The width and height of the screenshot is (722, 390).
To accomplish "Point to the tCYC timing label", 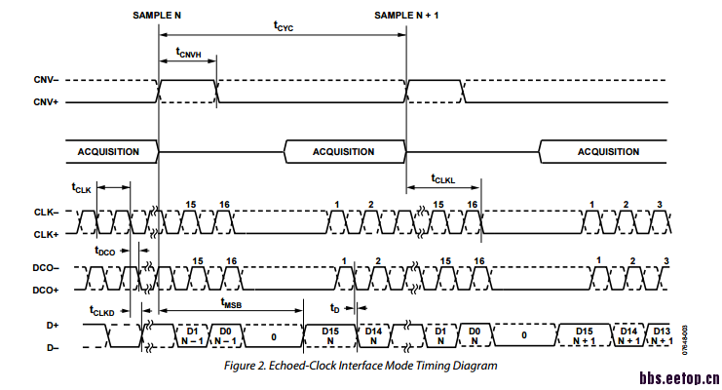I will coord(283,28).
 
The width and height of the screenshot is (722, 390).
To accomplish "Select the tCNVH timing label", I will coord(188,53).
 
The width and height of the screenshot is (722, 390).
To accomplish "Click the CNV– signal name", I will coord(46,80).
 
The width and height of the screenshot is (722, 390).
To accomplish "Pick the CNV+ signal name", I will coord(46,101).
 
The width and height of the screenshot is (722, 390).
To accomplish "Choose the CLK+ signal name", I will coord(46,234).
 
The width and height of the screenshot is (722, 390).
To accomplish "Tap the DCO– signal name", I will coord(46,267).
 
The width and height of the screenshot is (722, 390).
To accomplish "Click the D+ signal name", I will coord(53,325).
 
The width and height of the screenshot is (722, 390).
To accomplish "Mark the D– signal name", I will coord(53,347).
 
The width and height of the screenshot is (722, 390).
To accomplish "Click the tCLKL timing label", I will coord(443,179).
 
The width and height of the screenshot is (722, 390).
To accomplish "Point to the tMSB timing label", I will coord(231,303).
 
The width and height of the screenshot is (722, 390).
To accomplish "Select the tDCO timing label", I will coord(104,252).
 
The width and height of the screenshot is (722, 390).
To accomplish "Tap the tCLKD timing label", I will coord(102,311).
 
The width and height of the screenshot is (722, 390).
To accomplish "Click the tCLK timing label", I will coord(81,187).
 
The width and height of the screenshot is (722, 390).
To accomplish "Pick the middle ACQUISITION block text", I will coord(343,152).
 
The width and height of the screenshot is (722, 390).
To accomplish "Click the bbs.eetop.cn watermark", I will coord(679,378).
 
